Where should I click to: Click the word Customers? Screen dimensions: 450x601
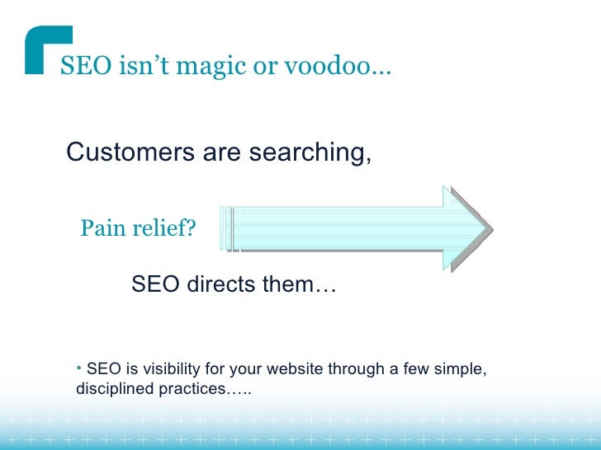click(x=123, y=152)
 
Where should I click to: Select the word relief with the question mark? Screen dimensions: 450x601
click(x=165, y=227)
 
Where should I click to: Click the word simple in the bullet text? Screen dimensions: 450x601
click(x=463, y=369)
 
